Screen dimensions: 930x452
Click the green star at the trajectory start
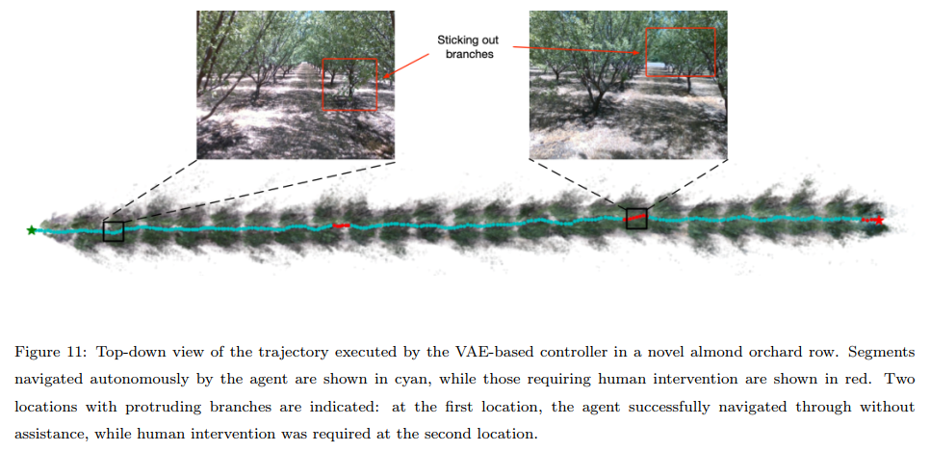pyautogui.click(x=32, y=230)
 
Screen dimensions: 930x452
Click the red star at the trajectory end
pyautogui.click(x=878, y=221)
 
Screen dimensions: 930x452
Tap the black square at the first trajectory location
pyautogui.click(x=113, y=230)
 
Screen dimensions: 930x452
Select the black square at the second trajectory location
pyautogui.click(x=636, y=219)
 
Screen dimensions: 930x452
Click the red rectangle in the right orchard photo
pyautogui.click(x=680, y=51)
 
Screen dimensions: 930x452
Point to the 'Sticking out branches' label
pyautogui.click(x=465, y=47)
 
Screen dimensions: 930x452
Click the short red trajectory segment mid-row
pyautogui.click(x=341, y=225)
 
